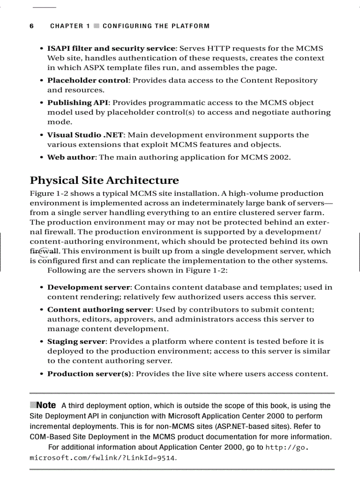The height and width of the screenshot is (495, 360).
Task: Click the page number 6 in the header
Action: click(32, 26)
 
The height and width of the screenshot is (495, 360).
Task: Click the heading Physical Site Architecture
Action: click(104, 180)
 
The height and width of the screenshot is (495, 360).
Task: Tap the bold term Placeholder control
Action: click(88, 80)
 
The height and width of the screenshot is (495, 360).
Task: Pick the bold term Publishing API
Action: click(77, 103)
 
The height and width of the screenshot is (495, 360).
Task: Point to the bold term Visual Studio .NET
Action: click(86, 135)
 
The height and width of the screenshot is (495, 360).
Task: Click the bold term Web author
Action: click(71, 157)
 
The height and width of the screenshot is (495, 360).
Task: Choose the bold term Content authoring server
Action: click(100, 309)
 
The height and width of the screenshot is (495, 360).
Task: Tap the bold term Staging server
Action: click(76, 342)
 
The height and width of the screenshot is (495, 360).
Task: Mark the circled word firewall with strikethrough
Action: click(44, 251)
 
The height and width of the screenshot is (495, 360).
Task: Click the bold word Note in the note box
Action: click(46, 405)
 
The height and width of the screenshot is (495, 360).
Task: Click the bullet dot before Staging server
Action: click(41, 342)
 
